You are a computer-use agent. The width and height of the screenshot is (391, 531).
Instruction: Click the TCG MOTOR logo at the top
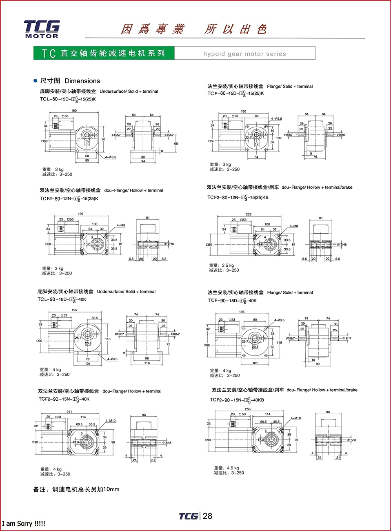click(42, 29)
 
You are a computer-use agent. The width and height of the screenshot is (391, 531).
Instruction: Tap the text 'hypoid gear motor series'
click(244, 54)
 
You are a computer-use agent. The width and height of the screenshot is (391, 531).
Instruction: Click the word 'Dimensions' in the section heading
click(82, 81)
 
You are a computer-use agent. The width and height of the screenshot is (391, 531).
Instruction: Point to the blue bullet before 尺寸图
click(35, 81)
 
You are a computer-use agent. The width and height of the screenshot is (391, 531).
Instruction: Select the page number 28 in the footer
click(208, 516)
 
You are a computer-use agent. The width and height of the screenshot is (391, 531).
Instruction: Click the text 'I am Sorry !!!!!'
click(24, 524)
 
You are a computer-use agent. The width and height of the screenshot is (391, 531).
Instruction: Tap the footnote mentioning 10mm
click(76, 489)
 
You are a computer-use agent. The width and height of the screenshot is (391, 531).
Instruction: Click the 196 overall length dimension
click(80, 214)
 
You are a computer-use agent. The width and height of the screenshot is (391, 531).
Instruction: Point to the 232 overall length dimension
click(249, 214)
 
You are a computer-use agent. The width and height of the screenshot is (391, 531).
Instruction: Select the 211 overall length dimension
click(69, 411)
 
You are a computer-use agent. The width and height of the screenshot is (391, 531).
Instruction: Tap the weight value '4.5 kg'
click(233, 468)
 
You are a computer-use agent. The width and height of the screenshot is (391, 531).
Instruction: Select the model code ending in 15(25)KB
click(238, 198)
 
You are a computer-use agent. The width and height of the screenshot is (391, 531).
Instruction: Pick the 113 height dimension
click(108, 339)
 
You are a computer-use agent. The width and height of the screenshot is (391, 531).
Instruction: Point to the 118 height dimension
click(279, 343)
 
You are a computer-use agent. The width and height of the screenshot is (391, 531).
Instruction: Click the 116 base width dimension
click(147, 363)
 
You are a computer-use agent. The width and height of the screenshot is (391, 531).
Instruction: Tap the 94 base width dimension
click(143, 161)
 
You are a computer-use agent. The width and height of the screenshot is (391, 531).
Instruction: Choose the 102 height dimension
click(279, 138)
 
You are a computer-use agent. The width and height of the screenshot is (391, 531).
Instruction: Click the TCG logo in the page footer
click(188, 516)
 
